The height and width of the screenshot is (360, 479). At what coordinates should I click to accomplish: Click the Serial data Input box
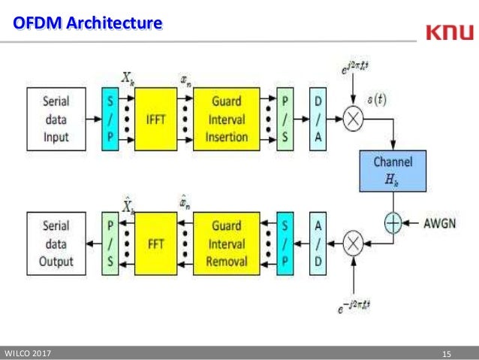(57, 118)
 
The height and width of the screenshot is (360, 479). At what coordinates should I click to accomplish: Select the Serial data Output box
(57, 244)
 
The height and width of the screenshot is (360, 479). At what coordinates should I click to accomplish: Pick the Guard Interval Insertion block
(227, 118)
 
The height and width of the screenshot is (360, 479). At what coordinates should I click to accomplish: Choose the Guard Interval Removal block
(227, 244)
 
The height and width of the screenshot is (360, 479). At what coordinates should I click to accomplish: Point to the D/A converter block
(318, 118)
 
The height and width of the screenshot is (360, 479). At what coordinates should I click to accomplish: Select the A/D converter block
(318, 244)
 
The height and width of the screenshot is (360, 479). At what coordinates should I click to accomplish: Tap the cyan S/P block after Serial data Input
(111, 118)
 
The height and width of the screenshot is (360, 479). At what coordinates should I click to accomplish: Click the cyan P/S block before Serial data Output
(111, 244)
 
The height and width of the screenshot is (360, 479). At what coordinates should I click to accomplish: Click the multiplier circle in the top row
(352, 118)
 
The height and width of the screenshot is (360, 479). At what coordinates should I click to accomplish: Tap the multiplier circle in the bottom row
(352, 244)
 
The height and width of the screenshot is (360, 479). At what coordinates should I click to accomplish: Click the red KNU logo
(449, 32)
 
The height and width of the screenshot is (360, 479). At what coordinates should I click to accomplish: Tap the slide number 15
(448, 353)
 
